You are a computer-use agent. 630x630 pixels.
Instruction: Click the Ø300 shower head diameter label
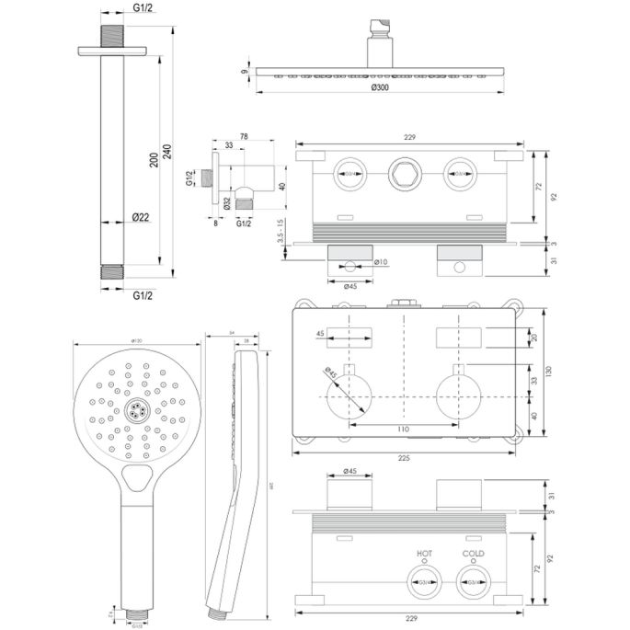(377, 87)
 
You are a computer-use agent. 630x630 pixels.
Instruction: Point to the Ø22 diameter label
(141, 217)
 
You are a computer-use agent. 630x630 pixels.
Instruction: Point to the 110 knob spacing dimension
(403, 429)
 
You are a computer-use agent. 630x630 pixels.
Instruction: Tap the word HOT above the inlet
(424, 554)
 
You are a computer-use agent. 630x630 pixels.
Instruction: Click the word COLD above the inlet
(473, 554)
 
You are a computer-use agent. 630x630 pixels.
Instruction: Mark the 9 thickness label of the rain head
(245, 70)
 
